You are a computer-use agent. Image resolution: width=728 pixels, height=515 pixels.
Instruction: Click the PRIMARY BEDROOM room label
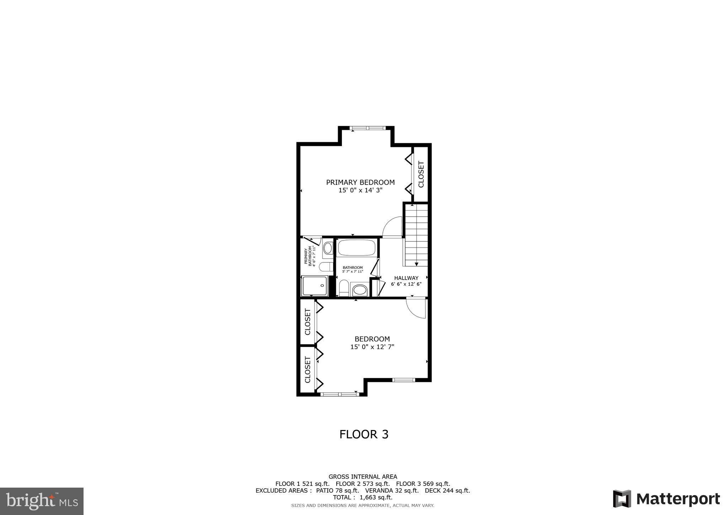click(360, 182)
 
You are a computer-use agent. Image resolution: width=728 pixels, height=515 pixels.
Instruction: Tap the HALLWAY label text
click(406, 278)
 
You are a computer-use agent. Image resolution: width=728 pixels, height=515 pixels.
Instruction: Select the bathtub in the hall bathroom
click(357, 248)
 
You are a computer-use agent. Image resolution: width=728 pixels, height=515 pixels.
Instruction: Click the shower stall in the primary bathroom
click(315, 286)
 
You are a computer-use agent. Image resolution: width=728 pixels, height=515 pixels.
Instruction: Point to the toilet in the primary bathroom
click(326, 267)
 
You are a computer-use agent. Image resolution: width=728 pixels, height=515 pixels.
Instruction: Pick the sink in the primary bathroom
click(328, 248)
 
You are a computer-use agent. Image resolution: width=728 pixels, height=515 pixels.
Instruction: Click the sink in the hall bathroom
click(360, 290)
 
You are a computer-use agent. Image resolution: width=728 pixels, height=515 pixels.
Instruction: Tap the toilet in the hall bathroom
click(344, 287)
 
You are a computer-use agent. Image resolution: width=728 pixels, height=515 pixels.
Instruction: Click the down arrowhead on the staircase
click(416, 264)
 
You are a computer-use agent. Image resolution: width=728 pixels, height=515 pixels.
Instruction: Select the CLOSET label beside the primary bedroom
click(421, 174)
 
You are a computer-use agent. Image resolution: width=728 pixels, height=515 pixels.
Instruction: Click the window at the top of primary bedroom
click(367, 128)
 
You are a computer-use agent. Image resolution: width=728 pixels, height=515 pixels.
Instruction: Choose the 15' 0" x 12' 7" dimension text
click(372, 347)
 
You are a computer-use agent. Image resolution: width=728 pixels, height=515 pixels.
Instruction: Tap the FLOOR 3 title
click(364, 434)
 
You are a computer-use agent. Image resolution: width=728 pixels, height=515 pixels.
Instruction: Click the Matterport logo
click(666, 499)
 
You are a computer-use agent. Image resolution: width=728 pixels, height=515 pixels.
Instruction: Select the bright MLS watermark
click(42, 501)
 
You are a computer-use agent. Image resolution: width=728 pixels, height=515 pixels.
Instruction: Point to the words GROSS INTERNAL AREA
click(363, 477)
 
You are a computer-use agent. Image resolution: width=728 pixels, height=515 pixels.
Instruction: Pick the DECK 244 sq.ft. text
click(447, 490)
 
